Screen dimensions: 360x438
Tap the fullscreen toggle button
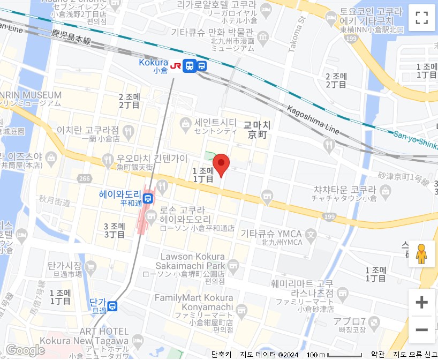point(422,18)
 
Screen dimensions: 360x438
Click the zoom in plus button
point(422,303)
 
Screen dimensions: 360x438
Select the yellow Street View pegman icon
point(422,254)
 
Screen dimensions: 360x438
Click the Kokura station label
point(153,62)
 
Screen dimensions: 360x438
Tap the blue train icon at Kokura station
point(189,66)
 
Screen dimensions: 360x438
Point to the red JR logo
point(175,66)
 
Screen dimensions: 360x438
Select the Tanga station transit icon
point(112,306)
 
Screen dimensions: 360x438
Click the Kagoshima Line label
point(314,119)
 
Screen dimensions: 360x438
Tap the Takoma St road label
point(296,34)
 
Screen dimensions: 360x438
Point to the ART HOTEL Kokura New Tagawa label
point(104,335)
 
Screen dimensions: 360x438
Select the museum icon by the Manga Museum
point(262,37)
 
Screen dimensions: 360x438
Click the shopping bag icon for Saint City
point(185,123)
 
